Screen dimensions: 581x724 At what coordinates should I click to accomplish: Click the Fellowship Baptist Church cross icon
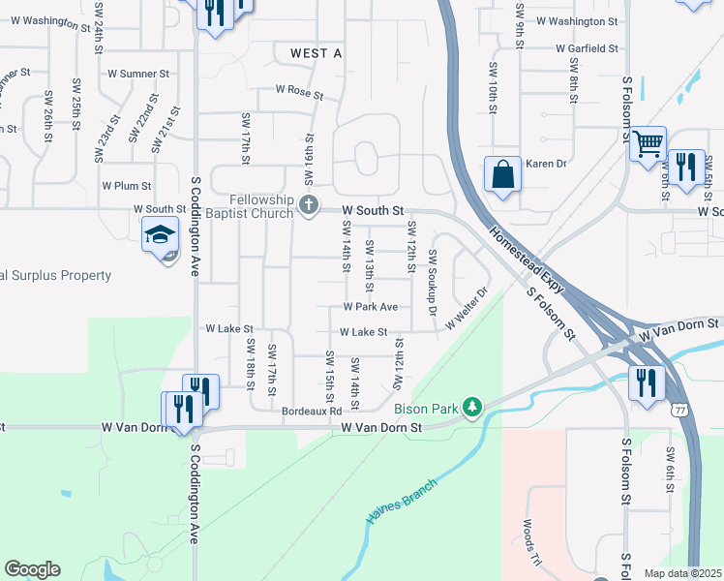tap(309, 204)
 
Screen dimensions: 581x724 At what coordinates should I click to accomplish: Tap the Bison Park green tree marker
tap(472, 407)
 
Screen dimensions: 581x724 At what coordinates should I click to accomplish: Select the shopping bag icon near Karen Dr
tap(502, 175)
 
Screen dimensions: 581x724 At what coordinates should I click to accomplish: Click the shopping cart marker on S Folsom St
tap(648, 144)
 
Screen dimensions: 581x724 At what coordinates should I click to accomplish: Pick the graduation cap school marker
tap(160, 233)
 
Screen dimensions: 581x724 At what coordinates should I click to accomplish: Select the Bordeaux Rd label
tap(312, 412)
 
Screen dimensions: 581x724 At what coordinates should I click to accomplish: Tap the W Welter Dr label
tap(464, 316)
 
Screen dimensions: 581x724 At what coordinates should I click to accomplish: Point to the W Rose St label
tap(298, 91)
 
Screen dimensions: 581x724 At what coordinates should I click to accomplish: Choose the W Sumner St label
tap(137, 73)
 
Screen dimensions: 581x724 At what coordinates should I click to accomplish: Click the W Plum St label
tap(127, 185)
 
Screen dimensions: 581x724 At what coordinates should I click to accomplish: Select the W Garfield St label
tap(587, 47)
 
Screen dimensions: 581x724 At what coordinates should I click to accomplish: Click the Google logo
tap(32, 570)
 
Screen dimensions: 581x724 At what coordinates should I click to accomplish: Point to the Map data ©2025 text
tap(681, 573)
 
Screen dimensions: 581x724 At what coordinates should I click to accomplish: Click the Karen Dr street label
tap(545, 164)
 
